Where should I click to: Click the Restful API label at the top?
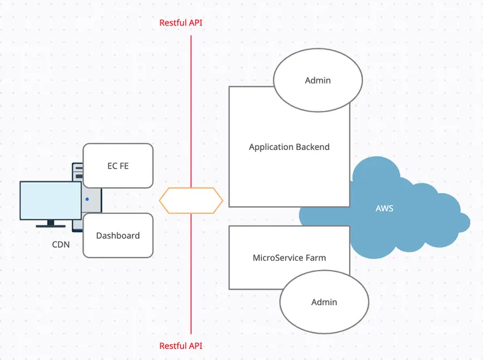coord(181,23)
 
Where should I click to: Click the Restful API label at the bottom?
coord(181,346)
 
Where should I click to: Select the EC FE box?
coord(118,166)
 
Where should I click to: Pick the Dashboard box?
coord(118,235)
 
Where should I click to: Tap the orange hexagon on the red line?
coord(191,201)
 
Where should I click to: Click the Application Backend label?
coord(289,147)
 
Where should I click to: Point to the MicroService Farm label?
coord(289,258)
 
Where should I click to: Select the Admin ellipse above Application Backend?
coord(318,80)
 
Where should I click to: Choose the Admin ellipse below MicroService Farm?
coord(324,302)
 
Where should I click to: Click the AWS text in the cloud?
coord(384,209)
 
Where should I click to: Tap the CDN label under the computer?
coord(61,245)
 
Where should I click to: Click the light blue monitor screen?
coord(50,200)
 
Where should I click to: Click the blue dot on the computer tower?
coord(87,200)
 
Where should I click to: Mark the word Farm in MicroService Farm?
coord(315,258)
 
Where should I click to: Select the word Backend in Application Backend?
coord(313,147)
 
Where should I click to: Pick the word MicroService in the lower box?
coord(277,258)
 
